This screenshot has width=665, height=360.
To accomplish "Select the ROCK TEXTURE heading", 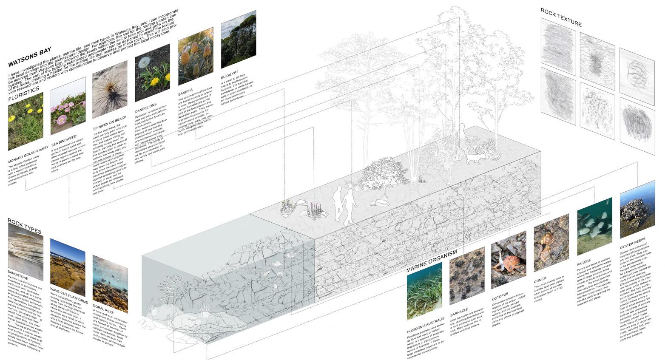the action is pyautogui.click(x=560, y=17).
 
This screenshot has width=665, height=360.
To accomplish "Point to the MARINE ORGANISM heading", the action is pyautogui.click(x=431, y=260).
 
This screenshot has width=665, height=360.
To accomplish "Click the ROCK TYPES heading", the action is pyautogui.click(x=25, y=225).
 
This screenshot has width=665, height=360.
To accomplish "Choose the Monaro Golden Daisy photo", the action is pyautogui.click(x=26, y=121).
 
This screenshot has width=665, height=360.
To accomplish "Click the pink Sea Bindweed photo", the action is pyautogui.click(x=68, y=106).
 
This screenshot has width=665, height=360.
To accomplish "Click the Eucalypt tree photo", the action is pyautogui.click(x=238, y=39).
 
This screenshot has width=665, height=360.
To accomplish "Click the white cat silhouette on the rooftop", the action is pyautogui.click(x=476, y=159).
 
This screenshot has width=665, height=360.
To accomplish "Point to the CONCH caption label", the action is pyautogui.click(x=540, y=281).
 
